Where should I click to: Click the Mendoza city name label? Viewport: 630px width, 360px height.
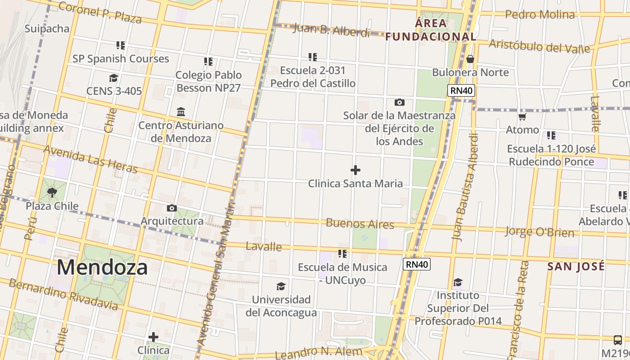[x=102, y=267]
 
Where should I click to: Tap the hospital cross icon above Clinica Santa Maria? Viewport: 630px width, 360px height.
[x=355, y=170]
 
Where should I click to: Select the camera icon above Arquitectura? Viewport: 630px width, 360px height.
[x=171, y=208]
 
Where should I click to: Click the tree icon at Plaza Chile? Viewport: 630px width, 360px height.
[x=52, y=193]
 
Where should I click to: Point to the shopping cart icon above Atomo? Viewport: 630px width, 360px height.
[x=522, y=117]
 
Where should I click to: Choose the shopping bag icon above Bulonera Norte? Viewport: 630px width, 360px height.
[x=470, y=59]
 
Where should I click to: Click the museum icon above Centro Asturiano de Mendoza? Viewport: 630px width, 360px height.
[x=181, y=112]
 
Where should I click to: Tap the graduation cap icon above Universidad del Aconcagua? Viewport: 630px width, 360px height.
[x=281, y=286]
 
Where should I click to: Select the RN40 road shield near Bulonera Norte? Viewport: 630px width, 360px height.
[x=462, y=90]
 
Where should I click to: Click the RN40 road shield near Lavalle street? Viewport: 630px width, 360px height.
[x=417, y=264]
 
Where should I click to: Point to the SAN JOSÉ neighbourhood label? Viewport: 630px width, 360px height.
[x=576, y=266]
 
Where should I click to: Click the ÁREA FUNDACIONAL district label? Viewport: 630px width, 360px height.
[x=431, y=30]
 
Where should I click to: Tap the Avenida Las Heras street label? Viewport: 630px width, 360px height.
[x=90, y=159]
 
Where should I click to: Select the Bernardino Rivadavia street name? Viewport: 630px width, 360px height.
[x=63, y=295]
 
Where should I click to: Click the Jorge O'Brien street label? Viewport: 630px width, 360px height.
[x=539, y=232]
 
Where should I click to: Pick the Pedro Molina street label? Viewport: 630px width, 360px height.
[x=540, y=15]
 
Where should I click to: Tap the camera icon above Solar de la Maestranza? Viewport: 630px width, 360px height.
[x=399, y=103]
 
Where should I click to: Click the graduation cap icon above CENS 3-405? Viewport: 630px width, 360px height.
[x=113, y=78]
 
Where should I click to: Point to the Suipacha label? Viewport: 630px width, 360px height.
[x=47, y=29]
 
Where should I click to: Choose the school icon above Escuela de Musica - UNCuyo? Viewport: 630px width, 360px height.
[x=342, y=254]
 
